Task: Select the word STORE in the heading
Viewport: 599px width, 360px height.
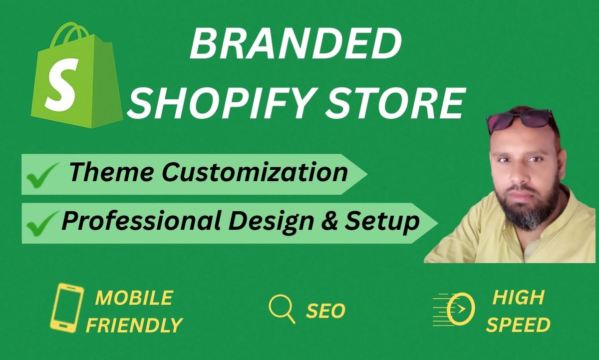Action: [407, 102]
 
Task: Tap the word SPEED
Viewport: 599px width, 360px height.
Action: [518, 325]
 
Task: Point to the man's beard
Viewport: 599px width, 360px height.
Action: [532, 210]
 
